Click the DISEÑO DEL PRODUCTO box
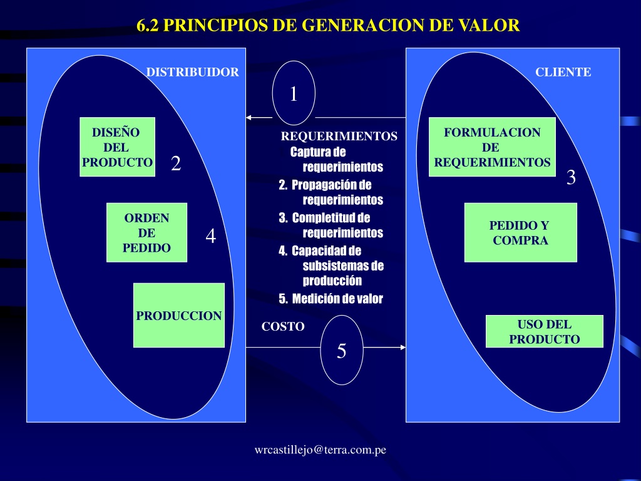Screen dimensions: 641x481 pos(117,147)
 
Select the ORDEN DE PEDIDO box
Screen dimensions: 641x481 pos(146,232)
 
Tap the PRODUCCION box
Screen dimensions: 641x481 pos(179,315)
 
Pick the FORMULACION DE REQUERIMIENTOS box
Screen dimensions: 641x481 pos(492,147)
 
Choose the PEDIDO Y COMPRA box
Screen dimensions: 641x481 pos(520,232)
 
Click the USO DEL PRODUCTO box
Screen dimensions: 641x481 pos(544,331)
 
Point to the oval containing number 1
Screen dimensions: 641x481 pos(294,93)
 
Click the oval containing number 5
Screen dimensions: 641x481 pos(342,350)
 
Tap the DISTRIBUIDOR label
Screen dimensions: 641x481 pos(193,72)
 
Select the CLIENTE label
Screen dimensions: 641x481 pos(563,72)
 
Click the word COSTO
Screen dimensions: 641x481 pos(283,326)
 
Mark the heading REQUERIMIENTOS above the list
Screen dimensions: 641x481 pos(339,136)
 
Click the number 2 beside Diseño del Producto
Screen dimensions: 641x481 pos(176,163)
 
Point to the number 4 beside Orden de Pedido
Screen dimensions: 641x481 pos(210,236)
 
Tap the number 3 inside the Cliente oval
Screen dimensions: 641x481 pos(571,177)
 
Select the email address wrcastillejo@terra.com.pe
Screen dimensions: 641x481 pos(320,450)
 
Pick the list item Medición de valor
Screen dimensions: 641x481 pos(331,299)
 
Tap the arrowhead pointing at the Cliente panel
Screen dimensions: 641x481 pos(403,347)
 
